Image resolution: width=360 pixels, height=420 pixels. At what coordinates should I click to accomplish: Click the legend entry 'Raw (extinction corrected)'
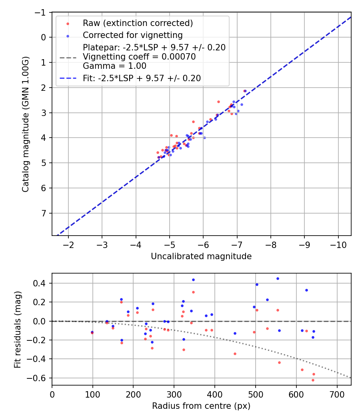point(138,23)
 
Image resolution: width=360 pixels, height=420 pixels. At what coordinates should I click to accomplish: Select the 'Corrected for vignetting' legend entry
point(132,35)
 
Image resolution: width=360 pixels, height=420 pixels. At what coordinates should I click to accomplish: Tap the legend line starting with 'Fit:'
point(142,78)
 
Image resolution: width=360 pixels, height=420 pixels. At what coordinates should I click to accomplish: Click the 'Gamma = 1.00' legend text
point(114,66)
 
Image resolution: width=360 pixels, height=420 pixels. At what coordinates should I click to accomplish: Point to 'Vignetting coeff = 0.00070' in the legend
point(139,57)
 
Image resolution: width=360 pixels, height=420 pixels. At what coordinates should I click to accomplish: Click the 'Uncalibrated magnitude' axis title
point(201,256)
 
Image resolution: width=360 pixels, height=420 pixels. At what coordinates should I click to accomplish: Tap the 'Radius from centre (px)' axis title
point(201,406)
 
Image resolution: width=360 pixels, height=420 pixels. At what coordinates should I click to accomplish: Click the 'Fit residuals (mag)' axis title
point(17,330)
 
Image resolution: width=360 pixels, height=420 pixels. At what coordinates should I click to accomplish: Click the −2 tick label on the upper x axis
point(68,244)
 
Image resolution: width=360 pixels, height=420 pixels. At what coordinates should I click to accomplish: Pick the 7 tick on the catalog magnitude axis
point(44,213)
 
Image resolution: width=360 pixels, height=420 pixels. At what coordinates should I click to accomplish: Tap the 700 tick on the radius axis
point(337,394)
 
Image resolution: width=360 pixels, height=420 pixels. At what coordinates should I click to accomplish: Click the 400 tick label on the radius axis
point(215,394)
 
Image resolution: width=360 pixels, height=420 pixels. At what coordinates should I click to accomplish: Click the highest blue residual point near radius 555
point(278,278)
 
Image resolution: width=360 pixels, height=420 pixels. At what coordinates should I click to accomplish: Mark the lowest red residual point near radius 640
point(313,380)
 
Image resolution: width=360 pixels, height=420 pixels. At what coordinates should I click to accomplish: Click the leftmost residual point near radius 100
point(92,332)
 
